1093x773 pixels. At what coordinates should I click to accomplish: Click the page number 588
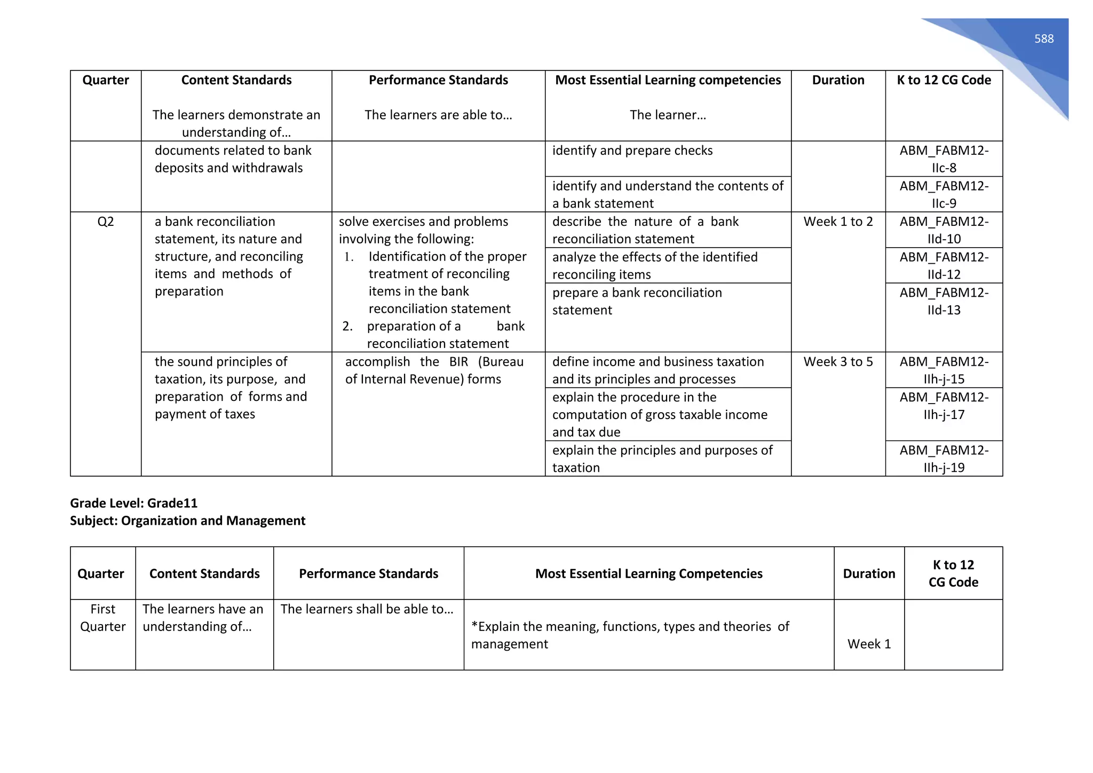[x=1043, y=39]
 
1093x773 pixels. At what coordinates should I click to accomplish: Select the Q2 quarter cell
[x=106, y=222]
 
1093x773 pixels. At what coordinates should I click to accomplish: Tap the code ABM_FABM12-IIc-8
[x=944, y=159]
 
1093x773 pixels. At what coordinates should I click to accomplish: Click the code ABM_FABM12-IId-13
[x=944, y=301]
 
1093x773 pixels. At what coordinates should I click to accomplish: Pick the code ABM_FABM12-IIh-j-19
[x=944, y=459]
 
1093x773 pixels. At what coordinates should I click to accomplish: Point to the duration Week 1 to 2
[x=838, y=222]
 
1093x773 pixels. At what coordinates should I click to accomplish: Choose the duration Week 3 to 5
[x=838, y=362]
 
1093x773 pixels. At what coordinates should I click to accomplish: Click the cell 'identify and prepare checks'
[x=632, y=151]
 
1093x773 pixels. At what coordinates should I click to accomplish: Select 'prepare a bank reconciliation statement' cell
[x=637, y=301]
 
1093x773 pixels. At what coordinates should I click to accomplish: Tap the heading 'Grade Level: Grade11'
[x=134, y=503]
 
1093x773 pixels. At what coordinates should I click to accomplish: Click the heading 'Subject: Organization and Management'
[x=187, y=520]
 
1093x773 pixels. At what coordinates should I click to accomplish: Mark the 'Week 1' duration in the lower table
[x=869, y=644]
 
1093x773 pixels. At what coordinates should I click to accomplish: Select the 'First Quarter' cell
[x=103, y=618]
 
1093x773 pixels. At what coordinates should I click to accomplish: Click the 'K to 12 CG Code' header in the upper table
[x=944, y=80]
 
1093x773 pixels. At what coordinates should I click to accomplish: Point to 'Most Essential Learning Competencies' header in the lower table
[x=648, y=573]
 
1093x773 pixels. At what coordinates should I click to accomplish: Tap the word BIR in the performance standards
[x=458, y=362]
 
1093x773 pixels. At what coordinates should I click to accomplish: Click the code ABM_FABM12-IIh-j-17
[x=944, y=406]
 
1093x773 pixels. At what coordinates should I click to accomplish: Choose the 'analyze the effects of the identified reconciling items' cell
[x=655, y=265]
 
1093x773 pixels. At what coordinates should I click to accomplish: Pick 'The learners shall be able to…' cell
[x=367, y=609]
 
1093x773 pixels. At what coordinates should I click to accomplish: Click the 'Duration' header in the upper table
[x=838, y=80]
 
